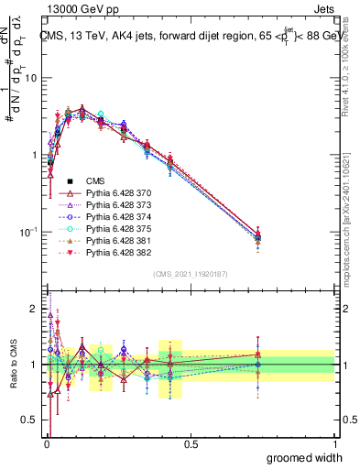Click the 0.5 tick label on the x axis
pyautogui.click(x=191, y=444)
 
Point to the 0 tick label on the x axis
pyautogui.click(x=46, y=444)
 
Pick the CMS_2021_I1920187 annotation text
pyautogui.click(x=191, y=274)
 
